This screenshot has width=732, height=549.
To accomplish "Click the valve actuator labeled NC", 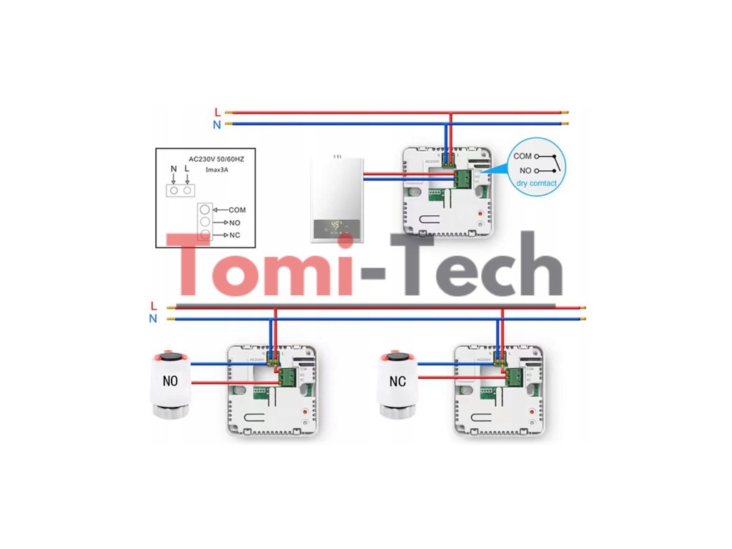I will pos(397,382).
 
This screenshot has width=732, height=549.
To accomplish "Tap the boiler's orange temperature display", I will pos(335,224).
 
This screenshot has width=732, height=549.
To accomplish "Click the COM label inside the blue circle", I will pos(523,156).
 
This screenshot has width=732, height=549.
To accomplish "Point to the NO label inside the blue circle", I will pos(525,171).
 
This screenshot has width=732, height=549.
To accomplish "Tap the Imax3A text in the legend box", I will pos(217,169).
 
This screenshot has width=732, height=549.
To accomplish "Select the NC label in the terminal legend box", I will pos(235,234).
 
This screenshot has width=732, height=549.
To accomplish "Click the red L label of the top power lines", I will pos(217,112).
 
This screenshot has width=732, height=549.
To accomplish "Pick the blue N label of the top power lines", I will pos(217,124).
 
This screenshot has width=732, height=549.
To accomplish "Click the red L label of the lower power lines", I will pos(154,307).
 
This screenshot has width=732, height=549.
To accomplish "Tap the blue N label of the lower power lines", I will pos(153,319).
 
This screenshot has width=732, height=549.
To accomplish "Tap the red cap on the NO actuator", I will pos(172,354).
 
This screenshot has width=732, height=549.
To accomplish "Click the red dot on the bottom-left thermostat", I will pos(306,412).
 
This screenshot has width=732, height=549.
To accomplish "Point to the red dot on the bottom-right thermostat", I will pos(533,412).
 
